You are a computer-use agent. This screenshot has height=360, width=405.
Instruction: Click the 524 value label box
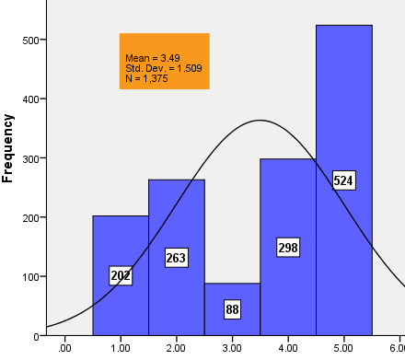(343, 180)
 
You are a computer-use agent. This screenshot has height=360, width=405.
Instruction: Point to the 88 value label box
(232, 310)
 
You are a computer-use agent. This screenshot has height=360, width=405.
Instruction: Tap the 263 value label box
(176, 258)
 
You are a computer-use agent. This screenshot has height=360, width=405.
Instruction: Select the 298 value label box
(289, 247)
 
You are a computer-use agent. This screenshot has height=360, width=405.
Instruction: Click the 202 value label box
(121, 276)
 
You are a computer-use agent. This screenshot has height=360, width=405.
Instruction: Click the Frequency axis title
(8, 147)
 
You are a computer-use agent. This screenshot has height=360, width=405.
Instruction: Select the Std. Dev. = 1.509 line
(164, 68)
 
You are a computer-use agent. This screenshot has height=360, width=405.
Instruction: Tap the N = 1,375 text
(146, 78)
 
